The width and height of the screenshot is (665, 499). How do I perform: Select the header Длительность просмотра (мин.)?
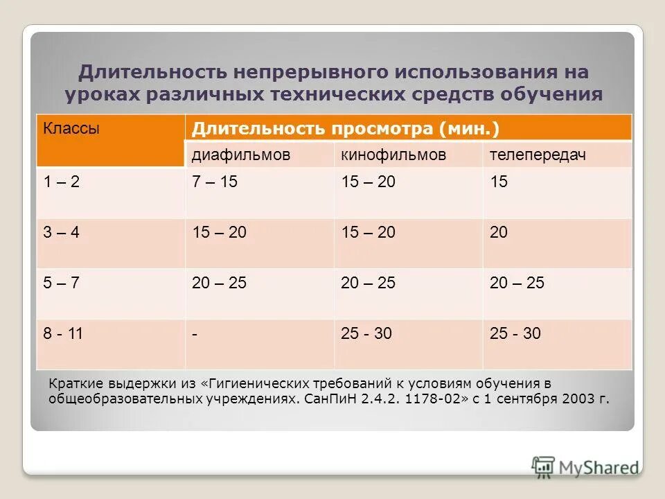[346, 129]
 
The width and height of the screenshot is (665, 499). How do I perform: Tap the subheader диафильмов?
[240, 155]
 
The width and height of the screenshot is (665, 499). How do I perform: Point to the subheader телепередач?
[538, 155]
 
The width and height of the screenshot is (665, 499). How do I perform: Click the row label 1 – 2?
[62, 182]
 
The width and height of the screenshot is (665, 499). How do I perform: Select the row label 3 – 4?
[62, 233]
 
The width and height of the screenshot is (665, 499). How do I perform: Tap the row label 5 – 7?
[62, 283]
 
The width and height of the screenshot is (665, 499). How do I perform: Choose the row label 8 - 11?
[63, 333]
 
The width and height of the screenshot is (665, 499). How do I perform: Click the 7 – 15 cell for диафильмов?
[215, 182]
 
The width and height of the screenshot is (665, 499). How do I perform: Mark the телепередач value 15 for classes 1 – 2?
[499, 182]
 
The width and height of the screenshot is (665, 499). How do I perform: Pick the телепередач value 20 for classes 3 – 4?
[499, 233]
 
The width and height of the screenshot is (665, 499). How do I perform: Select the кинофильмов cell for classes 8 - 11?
[366, 333]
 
